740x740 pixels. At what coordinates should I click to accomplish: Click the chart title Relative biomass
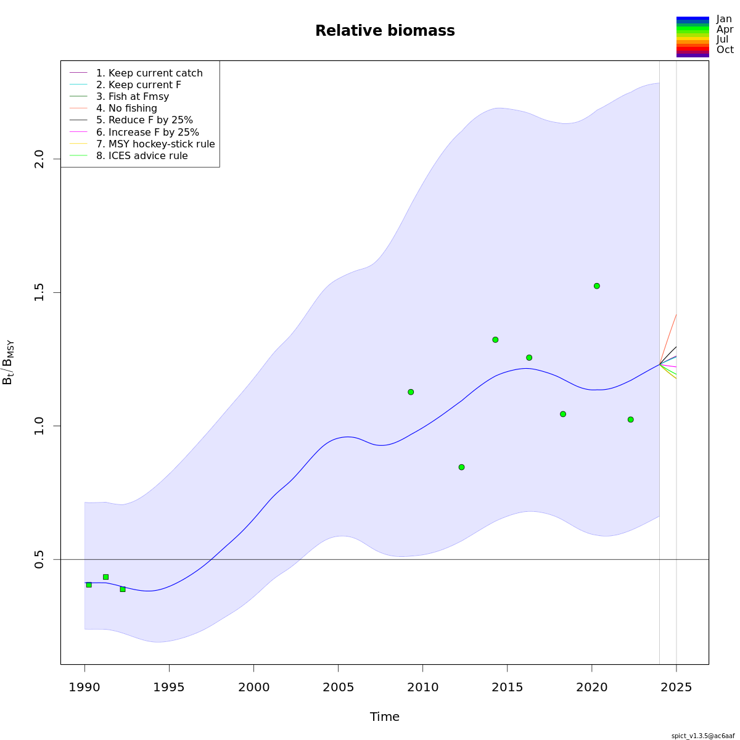coord(385,31)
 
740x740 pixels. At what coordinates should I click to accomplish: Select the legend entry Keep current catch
coord(149,73)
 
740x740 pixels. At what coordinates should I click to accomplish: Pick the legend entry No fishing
coord(126,109)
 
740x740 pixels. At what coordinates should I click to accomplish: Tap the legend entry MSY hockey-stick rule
coord(155,144)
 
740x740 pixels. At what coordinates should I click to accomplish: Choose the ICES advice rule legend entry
coord(142,156)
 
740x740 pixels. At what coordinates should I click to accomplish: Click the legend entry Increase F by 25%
coord(147,133)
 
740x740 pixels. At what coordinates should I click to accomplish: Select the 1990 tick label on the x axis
coord(84,687)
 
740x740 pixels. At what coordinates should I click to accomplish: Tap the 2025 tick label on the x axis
coord(676,687)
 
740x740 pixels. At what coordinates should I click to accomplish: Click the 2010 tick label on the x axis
coord(423,687)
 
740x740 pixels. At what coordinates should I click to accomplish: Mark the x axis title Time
coord(385,717)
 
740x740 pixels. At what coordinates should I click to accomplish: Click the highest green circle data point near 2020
coord(597,286)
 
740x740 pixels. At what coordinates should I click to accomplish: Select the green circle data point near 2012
coord(461,467)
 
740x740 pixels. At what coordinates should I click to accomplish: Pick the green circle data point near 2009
coord(411,392)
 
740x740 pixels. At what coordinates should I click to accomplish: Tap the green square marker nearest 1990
coord(89,585)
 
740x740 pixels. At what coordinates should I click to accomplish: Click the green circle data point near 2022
coord(630,419)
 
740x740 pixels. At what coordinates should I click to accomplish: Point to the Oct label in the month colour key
coord(725,50)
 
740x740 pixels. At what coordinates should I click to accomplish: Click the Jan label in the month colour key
coord(724,19)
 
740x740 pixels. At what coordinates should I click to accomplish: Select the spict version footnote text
coord(702,736)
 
